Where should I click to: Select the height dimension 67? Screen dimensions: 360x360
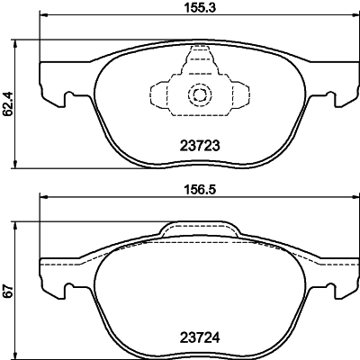pos(9,291)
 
